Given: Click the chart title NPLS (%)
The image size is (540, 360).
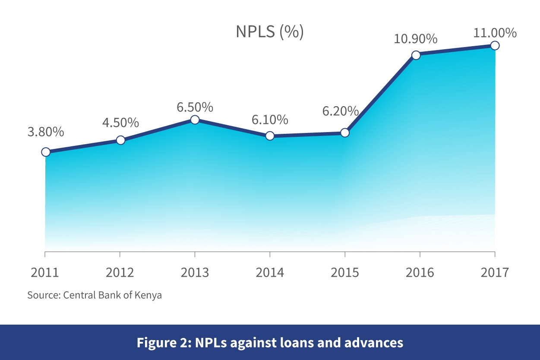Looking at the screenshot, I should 269,32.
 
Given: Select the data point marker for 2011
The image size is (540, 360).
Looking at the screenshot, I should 45,152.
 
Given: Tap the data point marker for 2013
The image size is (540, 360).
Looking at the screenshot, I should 195,120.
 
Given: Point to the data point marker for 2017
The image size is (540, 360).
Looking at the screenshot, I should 495,45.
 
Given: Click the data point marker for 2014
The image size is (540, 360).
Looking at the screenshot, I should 270,136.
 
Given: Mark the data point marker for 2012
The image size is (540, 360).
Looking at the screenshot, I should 121,140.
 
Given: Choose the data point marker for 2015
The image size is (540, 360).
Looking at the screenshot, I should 344,133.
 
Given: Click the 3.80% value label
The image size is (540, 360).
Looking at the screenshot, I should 46,132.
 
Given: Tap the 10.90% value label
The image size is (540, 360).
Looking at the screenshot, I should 415,39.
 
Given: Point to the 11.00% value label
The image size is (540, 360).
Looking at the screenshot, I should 495,33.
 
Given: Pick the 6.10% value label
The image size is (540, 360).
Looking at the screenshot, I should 270,120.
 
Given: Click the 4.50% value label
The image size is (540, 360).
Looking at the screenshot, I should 120,123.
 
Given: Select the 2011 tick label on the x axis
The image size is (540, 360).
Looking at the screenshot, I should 45,273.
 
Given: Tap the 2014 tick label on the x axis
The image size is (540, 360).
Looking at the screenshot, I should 270,273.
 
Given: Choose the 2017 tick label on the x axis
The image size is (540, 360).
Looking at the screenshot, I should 495,273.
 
